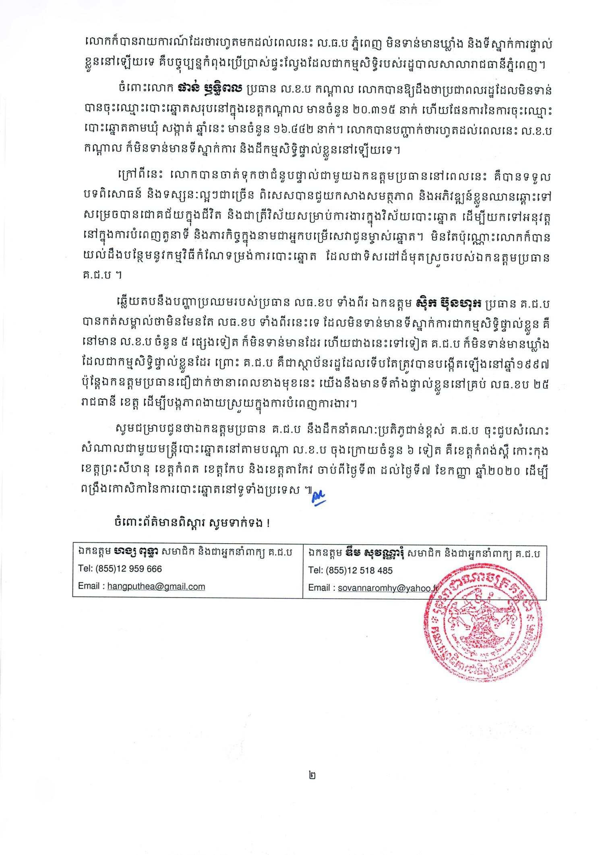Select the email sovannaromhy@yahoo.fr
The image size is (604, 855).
click(389, 588)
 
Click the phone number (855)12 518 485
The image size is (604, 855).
click(360, 571)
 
